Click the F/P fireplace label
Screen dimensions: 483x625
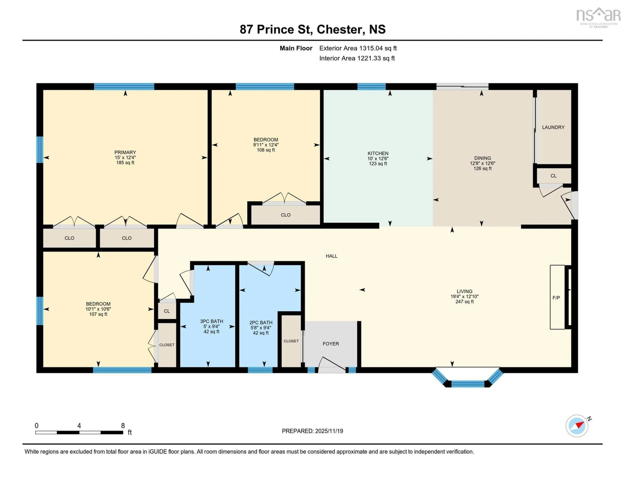click(556, 298)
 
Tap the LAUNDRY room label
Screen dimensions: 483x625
click(553, 127)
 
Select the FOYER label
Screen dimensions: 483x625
click(331, 344)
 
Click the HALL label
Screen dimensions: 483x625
click(331, 256)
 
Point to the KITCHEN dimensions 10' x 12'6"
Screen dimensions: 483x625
click(378, 158)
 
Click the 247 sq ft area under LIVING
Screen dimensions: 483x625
click(465, 301)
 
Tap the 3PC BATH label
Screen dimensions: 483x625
click(211, 321)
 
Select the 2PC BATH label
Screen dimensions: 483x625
click(261, 322)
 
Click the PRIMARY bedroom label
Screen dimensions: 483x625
click(125, 152)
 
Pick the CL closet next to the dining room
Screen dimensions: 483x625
click(553, 176)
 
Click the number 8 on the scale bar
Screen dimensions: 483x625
click(123, 426)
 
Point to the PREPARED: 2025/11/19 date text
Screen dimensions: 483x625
click(312, 431)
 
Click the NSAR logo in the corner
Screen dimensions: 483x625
click(598, 17)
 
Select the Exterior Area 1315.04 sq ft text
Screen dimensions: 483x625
click(358, 48)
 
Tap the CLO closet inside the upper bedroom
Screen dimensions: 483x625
click(285, 215)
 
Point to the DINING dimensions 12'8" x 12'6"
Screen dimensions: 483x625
click(482, 163)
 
